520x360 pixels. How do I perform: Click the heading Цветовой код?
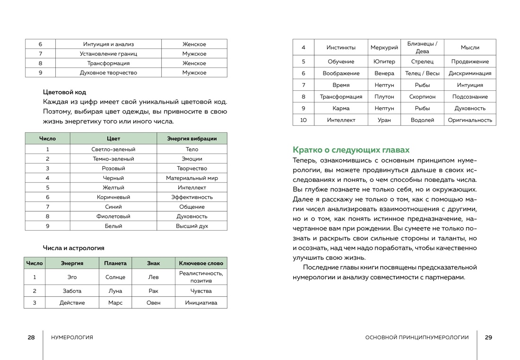click(64, 92)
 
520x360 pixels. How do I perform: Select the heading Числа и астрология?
click(73, 248)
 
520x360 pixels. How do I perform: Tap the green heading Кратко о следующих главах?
click(351, 150)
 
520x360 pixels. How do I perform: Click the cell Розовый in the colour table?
click(113, 168)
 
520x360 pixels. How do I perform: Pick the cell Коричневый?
click(113, 197)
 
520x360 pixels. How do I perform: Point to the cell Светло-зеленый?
click(113, 149)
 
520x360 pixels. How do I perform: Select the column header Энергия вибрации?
click(192, 138)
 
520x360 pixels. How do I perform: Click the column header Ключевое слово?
click(201, 263)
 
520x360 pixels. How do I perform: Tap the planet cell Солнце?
click(115, 277)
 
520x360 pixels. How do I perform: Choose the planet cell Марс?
click(115, 303)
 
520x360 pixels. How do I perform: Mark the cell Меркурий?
click(384, 47)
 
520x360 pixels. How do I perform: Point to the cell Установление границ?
click(108, 54)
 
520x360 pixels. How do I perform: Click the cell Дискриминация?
click(470, 73)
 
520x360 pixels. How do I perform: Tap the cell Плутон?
click(384, 97)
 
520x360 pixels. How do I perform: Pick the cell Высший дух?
click(192, 226)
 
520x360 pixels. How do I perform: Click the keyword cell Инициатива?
click(201, 303)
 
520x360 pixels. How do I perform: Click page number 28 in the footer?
click(31, 337)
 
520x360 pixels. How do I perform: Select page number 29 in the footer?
click(488, 337)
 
